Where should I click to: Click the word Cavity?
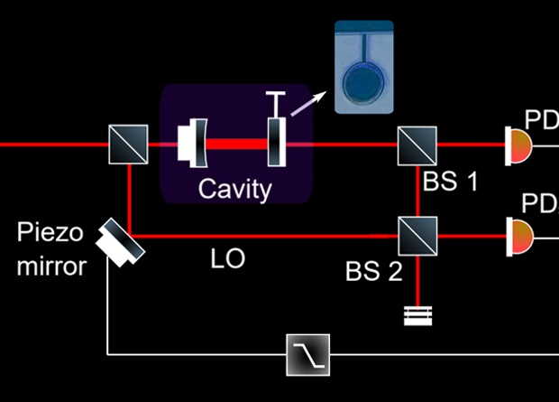(234, 189)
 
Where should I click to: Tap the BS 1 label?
(449, 181)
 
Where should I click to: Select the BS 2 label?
(373, 271)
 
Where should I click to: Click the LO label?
(227, 260)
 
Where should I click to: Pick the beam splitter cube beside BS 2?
(417, 237)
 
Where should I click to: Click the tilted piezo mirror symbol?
(120, 239)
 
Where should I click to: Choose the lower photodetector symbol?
(518, 236)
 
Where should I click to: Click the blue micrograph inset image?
(363, 67)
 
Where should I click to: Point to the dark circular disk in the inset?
(363, 82)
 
